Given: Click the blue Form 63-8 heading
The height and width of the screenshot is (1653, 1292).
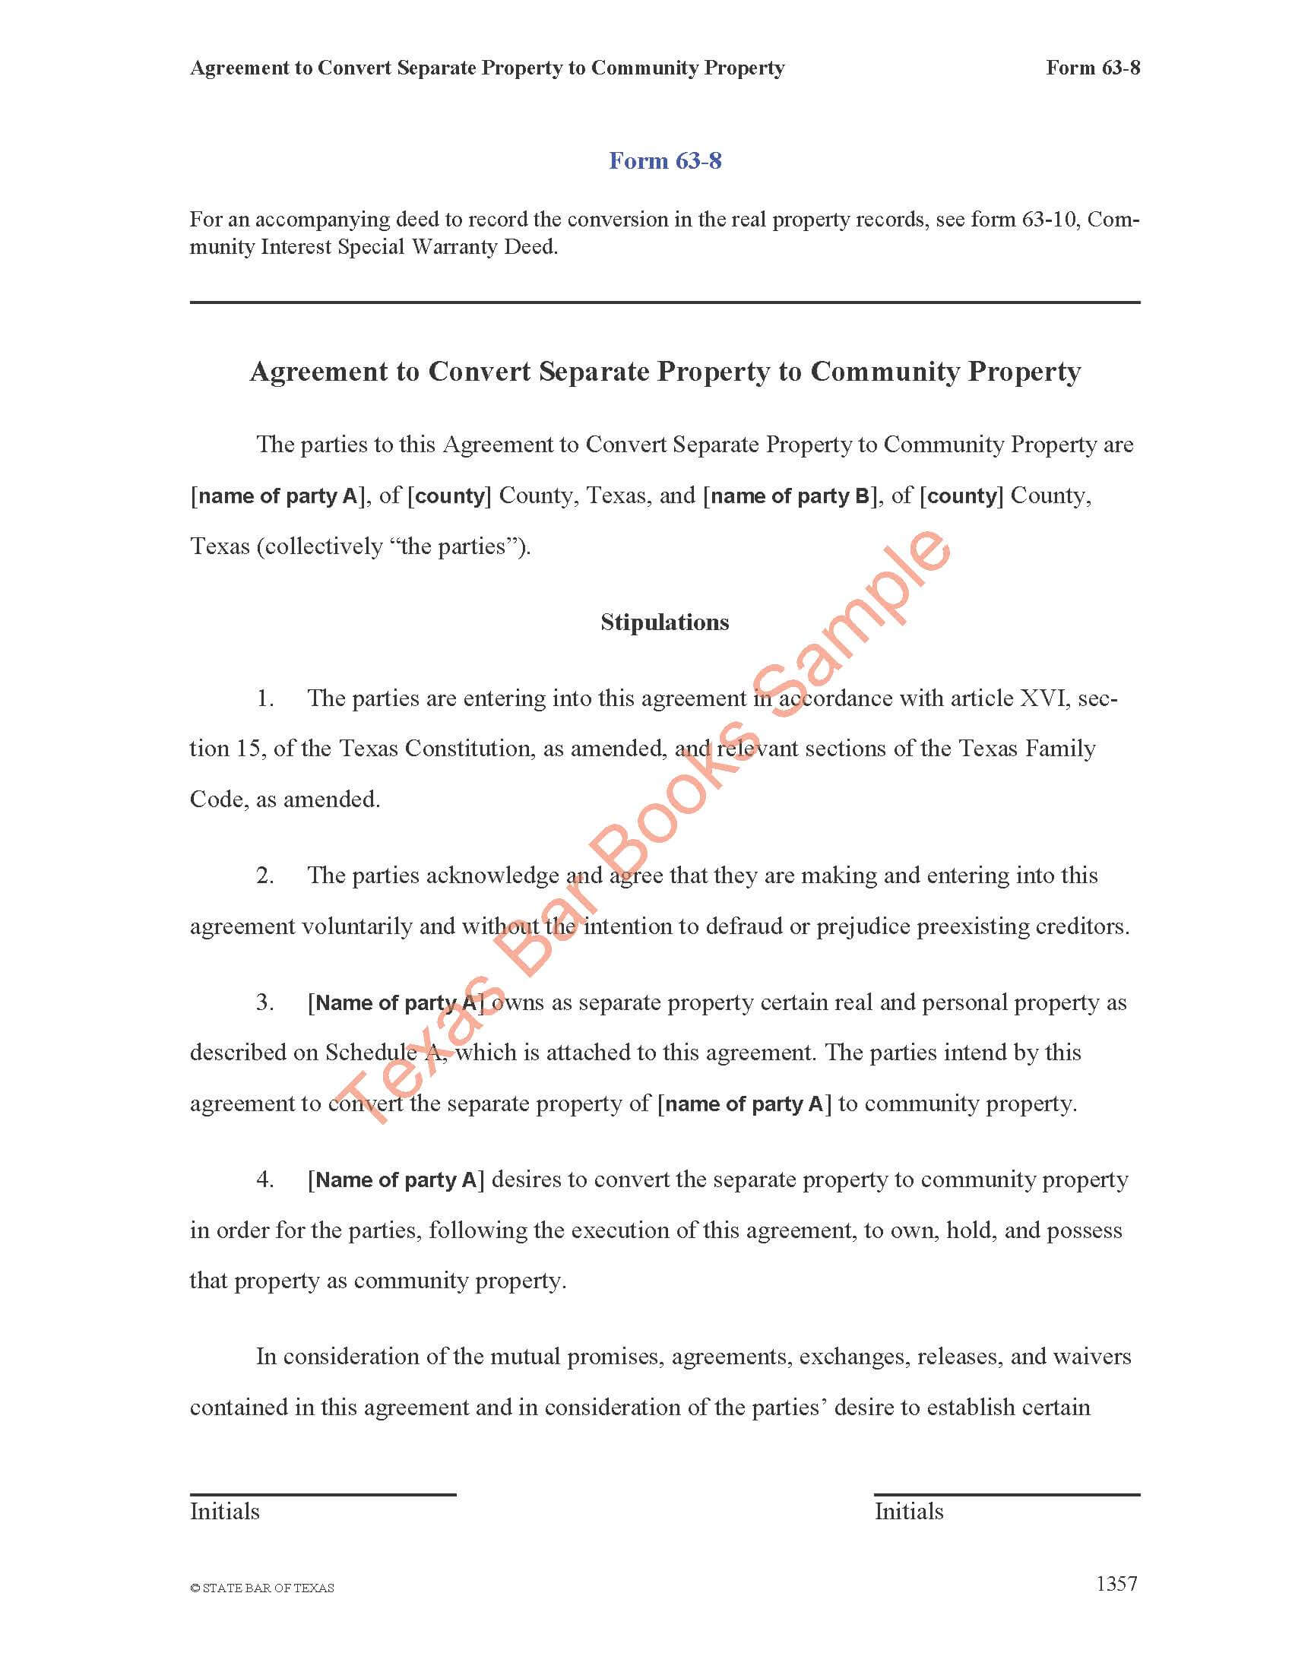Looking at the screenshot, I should pos(665,161).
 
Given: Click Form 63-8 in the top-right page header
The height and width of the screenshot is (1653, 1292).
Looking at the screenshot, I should pos(1092,68).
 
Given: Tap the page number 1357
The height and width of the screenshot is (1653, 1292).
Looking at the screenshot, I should pos(1116,1584).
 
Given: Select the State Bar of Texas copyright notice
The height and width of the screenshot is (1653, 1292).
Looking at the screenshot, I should pos(261,1588).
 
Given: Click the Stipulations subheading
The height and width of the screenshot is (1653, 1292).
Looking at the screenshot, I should pos(664,622).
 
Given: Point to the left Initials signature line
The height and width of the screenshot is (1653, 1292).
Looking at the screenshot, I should pos(322,1494).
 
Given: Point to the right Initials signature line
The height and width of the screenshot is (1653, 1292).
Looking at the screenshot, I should pos(1006,1494).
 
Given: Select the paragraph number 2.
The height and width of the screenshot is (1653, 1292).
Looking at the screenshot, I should pos(265,876).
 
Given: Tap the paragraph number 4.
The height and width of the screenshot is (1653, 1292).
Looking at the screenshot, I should pos(265,1180).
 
